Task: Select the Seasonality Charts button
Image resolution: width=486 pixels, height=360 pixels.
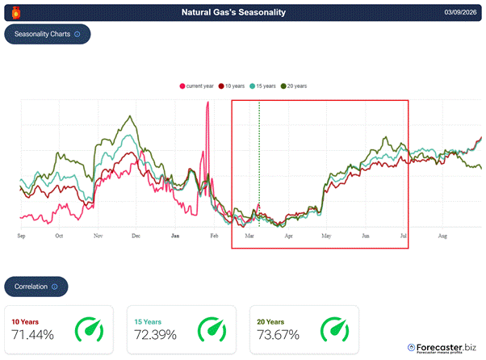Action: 48,35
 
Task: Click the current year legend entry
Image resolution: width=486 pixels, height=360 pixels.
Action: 196,86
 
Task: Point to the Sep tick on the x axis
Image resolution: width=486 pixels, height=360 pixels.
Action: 21,236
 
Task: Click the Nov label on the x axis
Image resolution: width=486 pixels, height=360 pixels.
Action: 98,236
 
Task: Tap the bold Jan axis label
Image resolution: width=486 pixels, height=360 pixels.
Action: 175,236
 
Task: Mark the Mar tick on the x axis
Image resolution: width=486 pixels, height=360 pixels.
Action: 249,236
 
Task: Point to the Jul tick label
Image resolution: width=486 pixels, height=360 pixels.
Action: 403,236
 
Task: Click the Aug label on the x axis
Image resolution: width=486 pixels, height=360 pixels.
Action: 442,236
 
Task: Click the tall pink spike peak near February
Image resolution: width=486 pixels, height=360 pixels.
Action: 207,103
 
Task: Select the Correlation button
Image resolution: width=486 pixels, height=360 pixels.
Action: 36,286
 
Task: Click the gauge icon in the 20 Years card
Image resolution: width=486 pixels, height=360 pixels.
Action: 336,329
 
